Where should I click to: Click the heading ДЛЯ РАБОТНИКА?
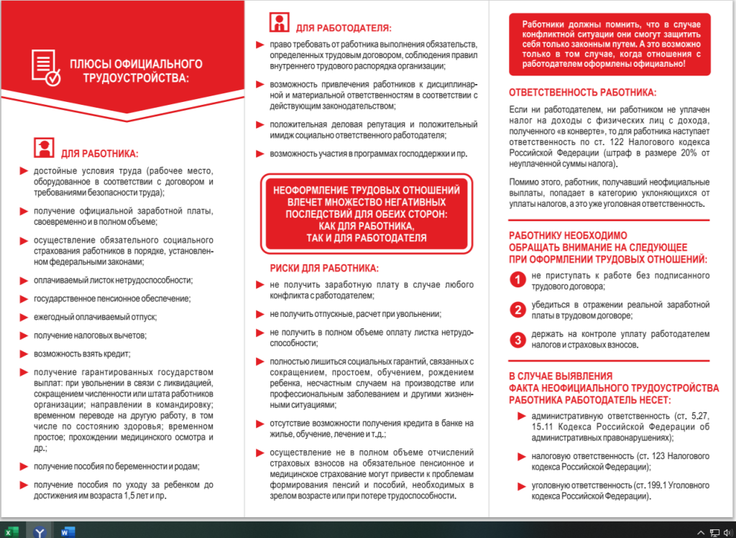99,154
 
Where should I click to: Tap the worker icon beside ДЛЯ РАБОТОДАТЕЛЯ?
280,22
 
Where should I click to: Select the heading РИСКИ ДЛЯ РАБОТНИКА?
324,269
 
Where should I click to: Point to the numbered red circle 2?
516,310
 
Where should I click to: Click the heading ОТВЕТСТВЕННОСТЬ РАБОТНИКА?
582,93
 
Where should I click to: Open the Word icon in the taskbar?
68,532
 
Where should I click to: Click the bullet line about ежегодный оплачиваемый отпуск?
95,317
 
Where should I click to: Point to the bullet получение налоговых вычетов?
90,335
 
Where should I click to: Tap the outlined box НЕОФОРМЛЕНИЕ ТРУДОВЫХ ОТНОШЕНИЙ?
367,213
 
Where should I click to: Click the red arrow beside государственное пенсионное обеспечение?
24,298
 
